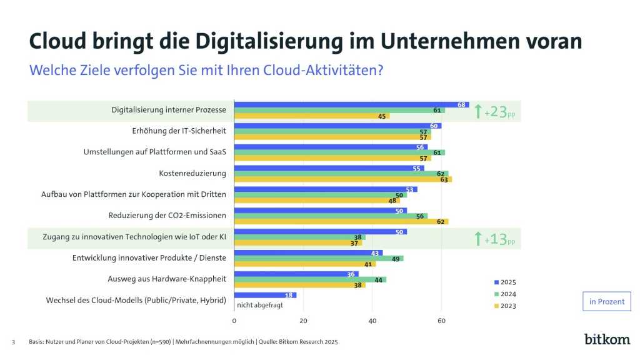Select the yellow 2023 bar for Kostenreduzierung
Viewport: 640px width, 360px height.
click(x=342, y=180)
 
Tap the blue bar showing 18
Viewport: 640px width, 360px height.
click(x=265, y=295)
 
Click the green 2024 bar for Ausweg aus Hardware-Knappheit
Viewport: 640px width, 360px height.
click(x=310, y=279)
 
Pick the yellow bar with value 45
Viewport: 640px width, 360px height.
click(x=311, y=116)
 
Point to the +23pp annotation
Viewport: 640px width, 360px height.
click(x=497, y=112)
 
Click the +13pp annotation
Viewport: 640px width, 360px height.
click(x=497, y=239)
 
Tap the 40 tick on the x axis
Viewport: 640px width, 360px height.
click(x=372, y=321)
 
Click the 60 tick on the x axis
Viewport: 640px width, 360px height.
click(x=441, y=321)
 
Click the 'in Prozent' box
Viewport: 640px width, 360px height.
click(x=606, y=301)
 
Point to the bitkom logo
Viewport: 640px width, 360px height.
click(x=607, y=339)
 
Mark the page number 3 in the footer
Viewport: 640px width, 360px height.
click(x=13, y=342)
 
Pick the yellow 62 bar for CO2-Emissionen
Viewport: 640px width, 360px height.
click(x=341, y=222)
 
